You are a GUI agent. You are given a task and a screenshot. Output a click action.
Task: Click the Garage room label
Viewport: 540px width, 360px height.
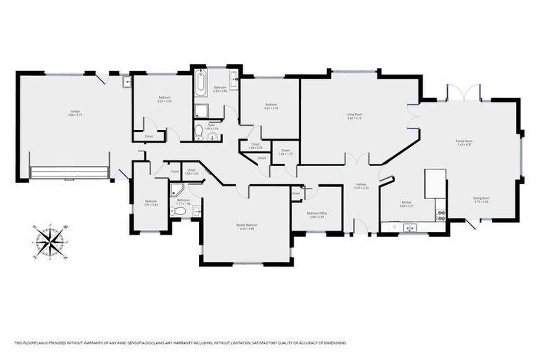click(x=75, y=112)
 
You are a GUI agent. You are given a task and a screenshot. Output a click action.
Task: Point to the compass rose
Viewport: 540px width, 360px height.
click(x=50, y=240)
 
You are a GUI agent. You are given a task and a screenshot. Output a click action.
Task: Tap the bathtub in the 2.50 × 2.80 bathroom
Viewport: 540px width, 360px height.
click(x=200, y=84)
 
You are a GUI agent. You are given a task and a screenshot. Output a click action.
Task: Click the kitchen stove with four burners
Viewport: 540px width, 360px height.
click(x=441, y=209)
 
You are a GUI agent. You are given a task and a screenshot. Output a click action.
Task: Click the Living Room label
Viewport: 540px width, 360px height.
click(x=354, y=116)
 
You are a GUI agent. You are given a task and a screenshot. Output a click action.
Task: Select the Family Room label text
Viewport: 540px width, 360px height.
click(x=464, y=143)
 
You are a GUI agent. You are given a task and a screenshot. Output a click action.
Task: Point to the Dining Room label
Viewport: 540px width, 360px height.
click(x=481, y=200)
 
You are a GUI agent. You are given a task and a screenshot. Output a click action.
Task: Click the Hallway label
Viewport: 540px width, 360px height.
click(x=361, y=186)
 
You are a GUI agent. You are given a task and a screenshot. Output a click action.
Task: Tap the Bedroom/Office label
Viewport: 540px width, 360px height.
click(x=317, y=214)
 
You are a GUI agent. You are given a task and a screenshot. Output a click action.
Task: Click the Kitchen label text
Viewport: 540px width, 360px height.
click(x=407, y=204)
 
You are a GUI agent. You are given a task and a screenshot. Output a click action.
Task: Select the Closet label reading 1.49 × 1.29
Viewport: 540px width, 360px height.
click(x=285, y=152)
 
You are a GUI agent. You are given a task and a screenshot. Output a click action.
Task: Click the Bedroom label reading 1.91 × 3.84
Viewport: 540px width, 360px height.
click(x=150, y=202)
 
